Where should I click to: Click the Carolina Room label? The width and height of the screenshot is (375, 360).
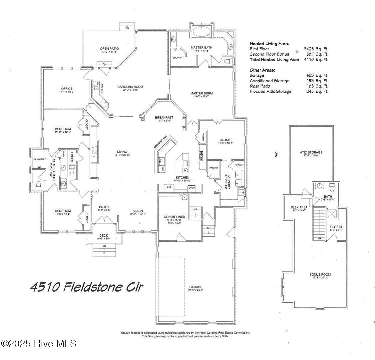pyautogui.click(x=130, y=87)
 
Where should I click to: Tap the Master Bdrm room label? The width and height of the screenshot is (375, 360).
pyautogui.click(x=201, y=93)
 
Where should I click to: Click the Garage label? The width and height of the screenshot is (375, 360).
pyautogui.click(x=196, y=287)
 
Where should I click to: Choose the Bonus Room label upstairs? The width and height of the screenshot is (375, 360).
pyautogui.click(x=320, y=275)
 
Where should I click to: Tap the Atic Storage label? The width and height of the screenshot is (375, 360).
pyautogui.click(x=311, y=152)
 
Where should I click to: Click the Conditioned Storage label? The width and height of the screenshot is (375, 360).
pyautogui.click(x=174, y=219)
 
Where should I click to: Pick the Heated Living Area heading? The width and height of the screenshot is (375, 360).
pyautogui.click(x=269, y=43)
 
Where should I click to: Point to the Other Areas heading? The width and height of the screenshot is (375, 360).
pyautogui.click(x=262, y=70)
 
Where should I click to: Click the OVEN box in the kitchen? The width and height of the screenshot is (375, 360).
pyautogui.click(x=191, y=188)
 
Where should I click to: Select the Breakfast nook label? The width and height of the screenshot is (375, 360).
pyautogui.click(x=164, y=118)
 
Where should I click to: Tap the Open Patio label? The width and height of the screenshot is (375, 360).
pyautogui.click(x=109, y=49)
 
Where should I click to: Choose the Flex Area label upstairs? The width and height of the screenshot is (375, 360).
pyautogui.click(x=299, y=207)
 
